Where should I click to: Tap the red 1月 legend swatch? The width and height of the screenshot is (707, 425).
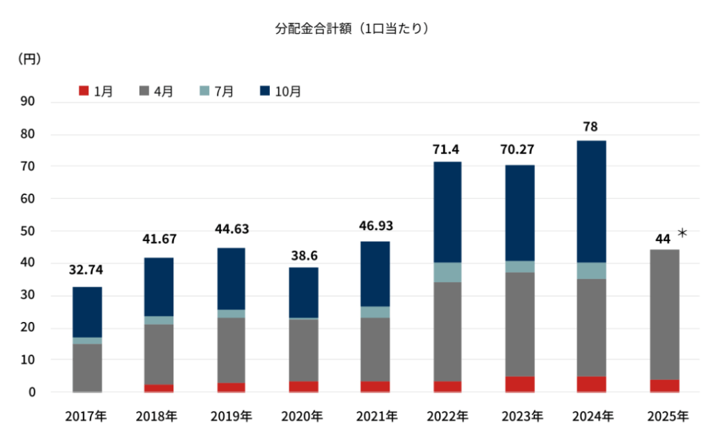(84, 91)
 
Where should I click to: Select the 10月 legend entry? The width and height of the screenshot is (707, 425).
(280, 91)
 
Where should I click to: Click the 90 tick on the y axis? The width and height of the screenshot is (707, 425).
(29, 102)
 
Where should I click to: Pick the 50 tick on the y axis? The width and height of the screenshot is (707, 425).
(29, 231)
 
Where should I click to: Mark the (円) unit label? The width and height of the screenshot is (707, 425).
(29, 59)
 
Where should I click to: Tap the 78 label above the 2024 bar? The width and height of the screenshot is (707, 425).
(590, 127)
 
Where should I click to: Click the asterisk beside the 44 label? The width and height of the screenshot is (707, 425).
(682, 234)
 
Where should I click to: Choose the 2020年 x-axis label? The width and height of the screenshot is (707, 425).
(302, 416)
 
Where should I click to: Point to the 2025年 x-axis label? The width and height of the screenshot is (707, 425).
(668, 416)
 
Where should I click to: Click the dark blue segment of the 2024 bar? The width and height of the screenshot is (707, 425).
(592, 201)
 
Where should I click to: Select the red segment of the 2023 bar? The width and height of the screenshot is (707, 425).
(519, 384)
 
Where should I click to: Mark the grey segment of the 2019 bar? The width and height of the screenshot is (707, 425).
(231, 350)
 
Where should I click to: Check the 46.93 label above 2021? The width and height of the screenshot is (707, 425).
(375, 226)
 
